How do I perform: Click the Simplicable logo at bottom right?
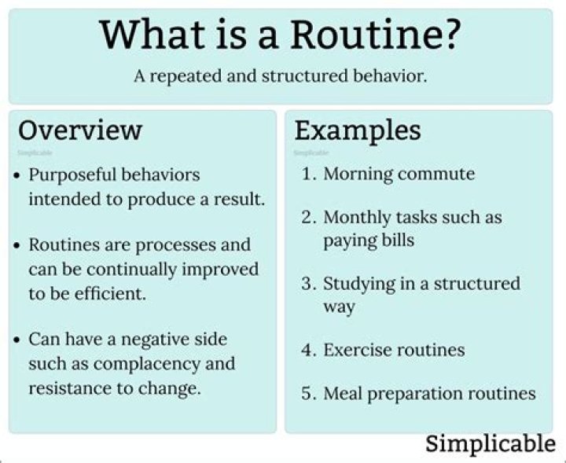(491, 443)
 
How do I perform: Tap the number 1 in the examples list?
(308, 174)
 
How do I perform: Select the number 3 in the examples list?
(308, 283)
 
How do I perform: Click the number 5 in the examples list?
(308, 393)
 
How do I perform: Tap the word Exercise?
(355, 349)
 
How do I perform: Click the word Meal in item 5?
(343, 393)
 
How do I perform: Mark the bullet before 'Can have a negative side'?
(17, 340)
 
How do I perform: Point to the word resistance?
(65, 388)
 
